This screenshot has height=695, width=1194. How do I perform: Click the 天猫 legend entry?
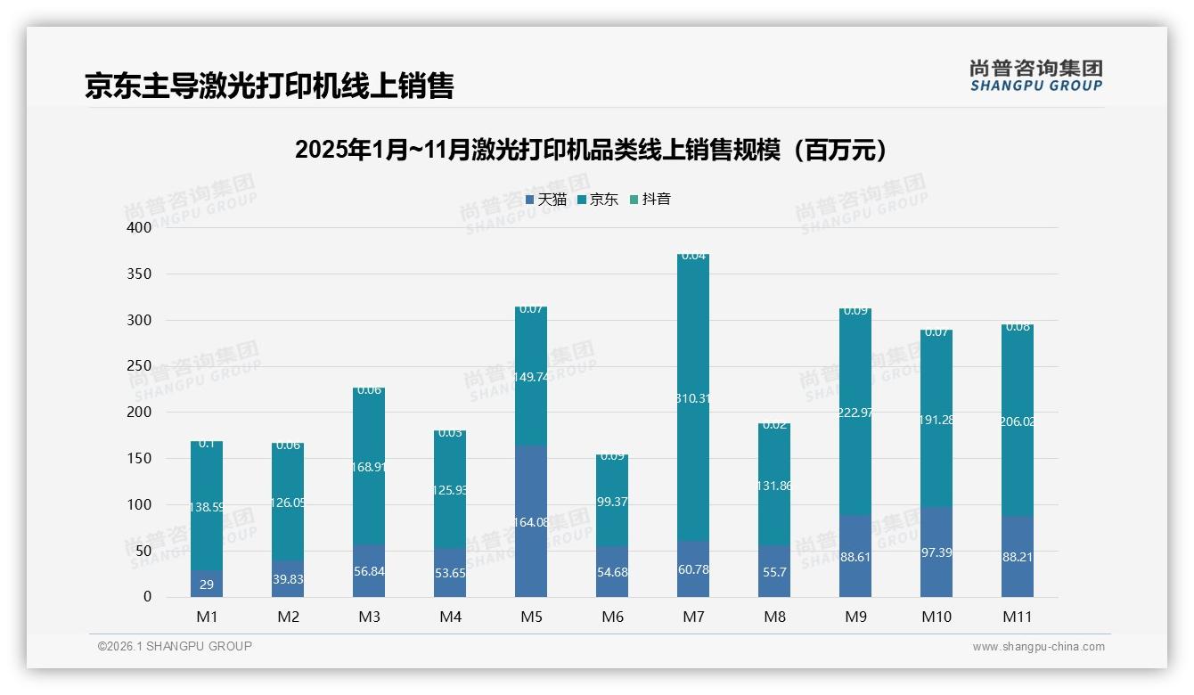[x=546, y=200]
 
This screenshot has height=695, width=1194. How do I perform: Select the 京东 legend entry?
[x=598, y=200]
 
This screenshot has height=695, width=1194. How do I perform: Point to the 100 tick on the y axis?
[x=141, y=504]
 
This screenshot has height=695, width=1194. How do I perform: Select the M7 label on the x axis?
[x=693, y=617]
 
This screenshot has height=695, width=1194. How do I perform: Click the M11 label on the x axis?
[x=1018, y=617]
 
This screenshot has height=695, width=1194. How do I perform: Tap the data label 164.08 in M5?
[x=531, y=522]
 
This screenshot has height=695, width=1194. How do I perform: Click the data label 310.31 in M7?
[x=693, y=398]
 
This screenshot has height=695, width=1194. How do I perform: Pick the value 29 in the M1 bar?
[x=207, y=585]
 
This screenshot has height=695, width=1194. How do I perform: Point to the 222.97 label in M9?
[x=855, y=412]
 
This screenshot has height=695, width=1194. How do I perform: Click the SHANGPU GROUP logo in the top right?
[x=1035, y=76]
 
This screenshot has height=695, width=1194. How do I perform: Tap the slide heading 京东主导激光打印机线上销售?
[x=269, y=86]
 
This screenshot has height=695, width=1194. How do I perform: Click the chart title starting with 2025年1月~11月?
[x=591, y=150]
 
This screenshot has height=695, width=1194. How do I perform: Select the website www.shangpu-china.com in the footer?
[x=1038, y=647]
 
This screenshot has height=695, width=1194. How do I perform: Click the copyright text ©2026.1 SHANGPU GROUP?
[x=175, y=646]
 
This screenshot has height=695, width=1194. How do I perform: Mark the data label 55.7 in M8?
[x=774, y=572]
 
